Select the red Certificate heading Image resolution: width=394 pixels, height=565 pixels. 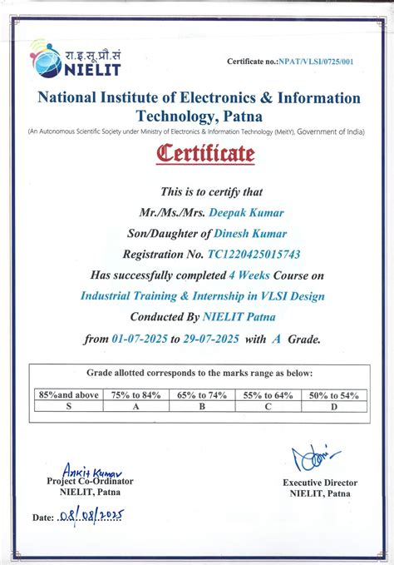point(197,154)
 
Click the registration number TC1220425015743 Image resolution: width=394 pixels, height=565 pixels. point(243,255)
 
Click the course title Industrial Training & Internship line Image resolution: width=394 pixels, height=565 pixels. point(202,296)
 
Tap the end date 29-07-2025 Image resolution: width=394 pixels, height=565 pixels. point(212,339)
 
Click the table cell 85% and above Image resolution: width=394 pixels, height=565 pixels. point(68,395)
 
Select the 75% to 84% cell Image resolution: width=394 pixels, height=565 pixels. point(135,395)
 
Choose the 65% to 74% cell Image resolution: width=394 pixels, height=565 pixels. point(202,395)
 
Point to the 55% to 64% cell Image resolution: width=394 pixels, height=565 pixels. point(268,395)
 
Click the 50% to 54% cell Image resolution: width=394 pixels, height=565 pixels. point(333,395)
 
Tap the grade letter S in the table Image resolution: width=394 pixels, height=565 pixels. point(68,407)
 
